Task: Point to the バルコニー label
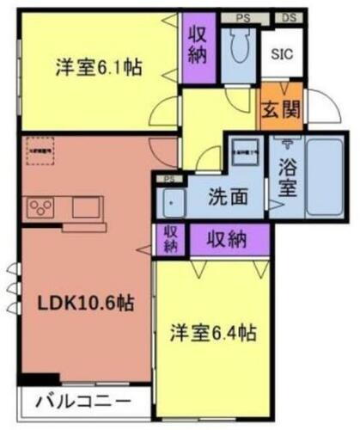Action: click(83, 402)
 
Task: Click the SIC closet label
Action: click(281, 53)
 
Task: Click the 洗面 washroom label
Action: click(229, 196)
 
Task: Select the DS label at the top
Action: click(288, 17)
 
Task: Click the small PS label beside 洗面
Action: click(168, 179)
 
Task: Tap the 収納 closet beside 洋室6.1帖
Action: click(198, 45)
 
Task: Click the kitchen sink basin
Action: click(86, 207)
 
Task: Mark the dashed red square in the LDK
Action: click(39, 151)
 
